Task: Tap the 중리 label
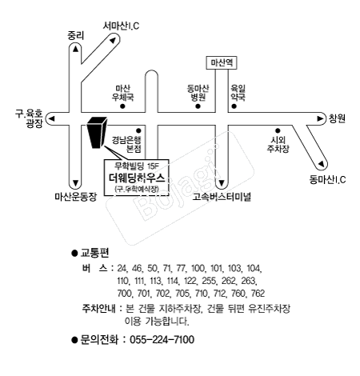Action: pos(75,34)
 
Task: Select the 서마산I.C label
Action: pos(122,26)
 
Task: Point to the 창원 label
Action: pos(336,119)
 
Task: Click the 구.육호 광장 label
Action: pos(33,119)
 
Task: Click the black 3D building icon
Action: pos(97,133)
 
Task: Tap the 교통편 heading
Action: pos(96,252)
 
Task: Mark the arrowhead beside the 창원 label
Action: pos(322,119)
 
